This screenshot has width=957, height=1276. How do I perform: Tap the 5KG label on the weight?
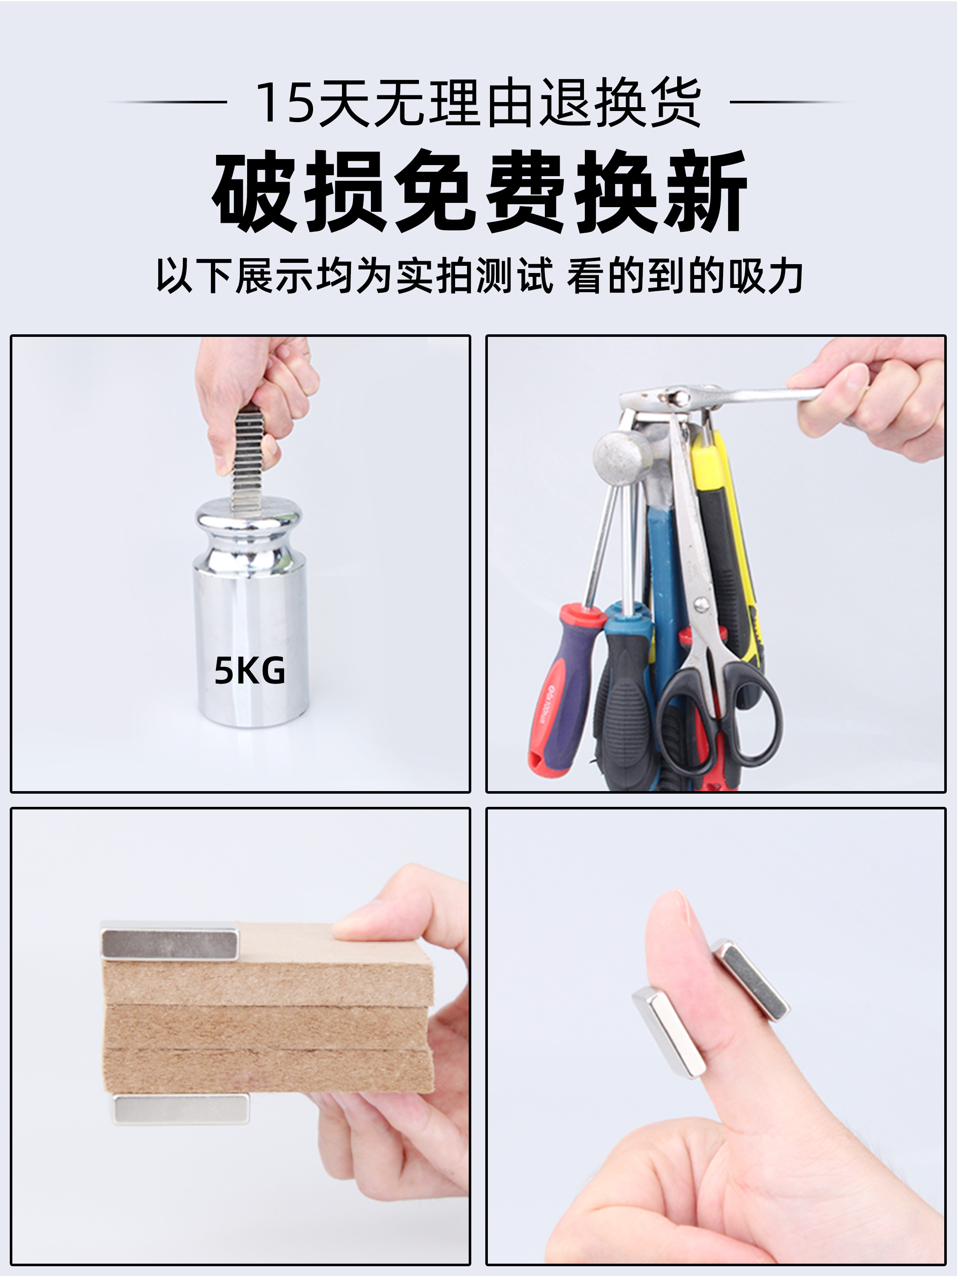250,671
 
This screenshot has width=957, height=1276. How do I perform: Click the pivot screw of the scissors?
701,604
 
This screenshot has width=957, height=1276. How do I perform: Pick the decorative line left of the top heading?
165,102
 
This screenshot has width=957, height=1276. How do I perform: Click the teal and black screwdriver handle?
626,692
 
